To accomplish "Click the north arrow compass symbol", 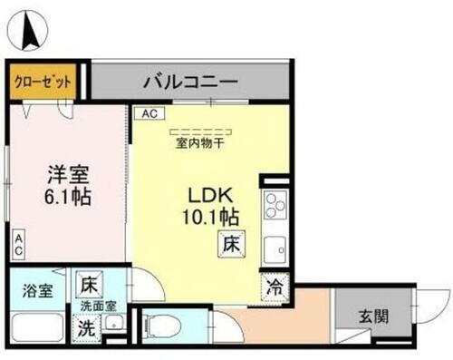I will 28,29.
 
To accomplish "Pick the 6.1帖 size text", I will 69,197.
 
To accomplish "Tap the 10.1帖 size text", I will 214,218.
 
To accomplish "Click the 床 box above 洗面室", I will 89,284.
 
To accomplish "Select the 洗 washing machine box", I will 87,329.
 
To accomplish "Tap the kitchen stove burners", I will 275,210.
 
